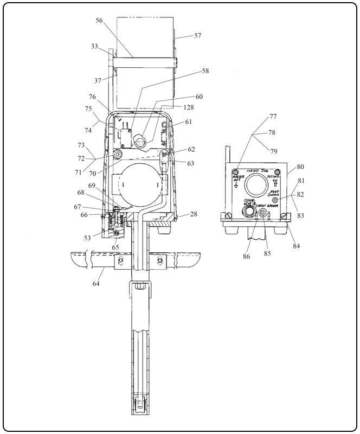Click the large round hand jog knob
click(x=256, y=187)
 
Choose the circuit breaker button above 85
click(x=262, y=214)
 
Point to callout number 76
click(x=93, y=97)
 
